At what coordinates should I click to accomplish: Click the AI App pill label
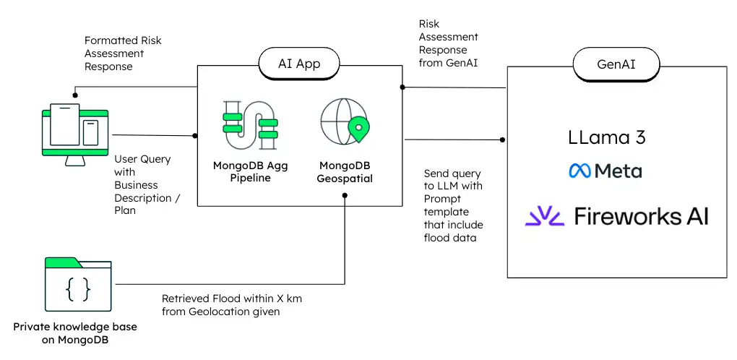pos(299,64)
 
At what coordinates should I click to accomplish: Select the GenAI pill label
pos(616,64)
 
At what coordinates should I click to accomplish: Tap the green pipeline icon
pos(250,124)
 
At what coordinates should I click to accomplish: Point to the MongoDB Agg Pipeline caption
pos(250,171)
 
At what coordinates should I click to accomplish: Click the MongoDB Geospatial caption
pos(345,172)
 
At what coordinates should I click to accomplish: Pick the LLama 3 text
pos(607,137)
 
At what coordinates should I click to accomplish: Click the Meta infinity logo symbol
pos(579,171)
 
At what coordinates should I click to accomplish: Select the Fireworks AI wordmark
pos(641,215)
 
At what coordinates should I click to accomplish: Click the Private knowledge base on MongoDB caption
pos(75,333)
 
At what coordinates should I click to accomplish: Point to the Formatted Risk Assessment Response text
pos(123,53)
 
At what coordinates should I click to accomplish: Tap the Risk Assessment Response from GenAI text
pos(448,43)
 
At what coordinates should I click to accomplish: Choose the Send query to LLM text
pos(453,206)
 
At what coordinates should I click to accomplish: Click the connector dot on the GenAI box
pos(503,139)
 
